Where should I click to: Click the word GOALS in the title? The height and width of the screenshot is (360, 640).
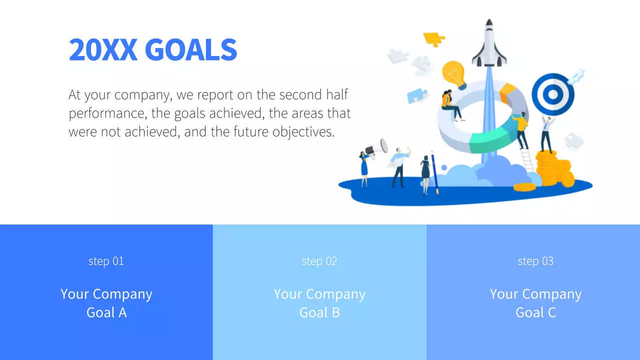(x=190, y=50)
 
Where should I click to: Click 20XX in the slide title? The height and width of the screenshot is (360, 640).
(x=103, y=50)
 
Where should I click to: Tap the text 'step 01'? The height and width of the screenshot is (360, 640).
(x=106, y=261)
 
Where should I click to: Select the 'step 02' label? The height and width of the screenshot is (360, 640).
(x=319, y=261)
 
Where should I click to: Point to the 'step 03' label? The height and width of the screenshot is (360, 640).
(x=535, y=261)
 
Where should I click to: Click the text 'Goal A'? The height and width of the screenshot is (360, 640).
(x=106, y=312)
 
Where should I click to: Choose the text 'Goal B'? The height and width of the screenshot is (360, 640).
(x=319, y=312)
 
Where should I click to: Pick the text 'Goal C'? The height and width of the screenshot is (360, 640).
(x=535, y=312)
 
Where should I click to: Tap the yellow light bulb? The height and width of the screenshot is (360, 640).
(x=454, y=74)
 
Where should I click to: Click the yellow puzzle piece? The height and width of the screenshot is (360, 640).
(x=433, y=38)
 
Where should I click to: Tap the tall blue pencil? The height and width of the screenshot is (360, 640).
(x=434, y=172)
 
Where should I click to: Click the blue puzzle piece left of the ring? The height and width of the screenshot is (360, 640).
(x=417, y=95)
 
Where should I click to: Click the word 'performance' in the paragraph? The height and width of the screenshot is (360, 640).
(x=106, y=113)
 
